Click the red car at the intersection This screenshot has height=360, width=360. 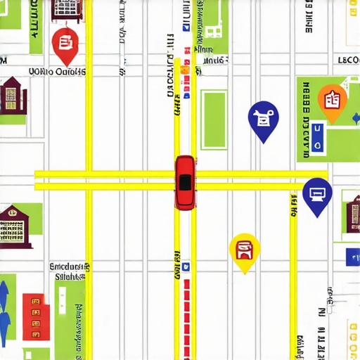tap(185, 182)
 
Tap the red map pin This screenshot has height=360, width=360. tap(64, 44)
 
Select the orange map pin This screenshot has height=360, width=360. tap(332, 100)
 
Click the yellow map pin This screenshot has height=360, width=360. tap(245, 250)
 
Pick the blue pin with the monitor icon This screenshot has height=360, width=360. tap(317, 194)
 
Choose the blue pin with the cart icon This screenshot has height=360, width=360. tap(264, 119)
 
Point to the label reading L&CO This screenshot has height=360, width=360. tap(348, 60)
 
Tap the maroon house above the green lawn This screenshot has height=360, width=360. tap(11, 96)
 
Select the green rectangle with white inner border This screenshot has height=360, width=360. tap(214, 119)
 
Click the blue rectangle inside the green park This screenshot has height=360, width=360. tap(318, 137)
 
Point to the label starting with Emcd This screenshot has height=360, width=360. tap(70, 267)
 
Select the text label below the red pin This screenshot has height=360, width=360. tap(57, 71)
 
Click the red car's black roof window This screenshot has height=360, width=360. tap(185, 182)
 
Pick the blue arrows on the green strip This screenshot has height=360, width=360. tap(5, 309)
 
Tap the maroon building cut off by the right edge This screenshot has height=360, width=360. tap(352, 214)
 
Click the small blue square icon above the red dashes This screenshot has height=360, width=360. tap(186, 267)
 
